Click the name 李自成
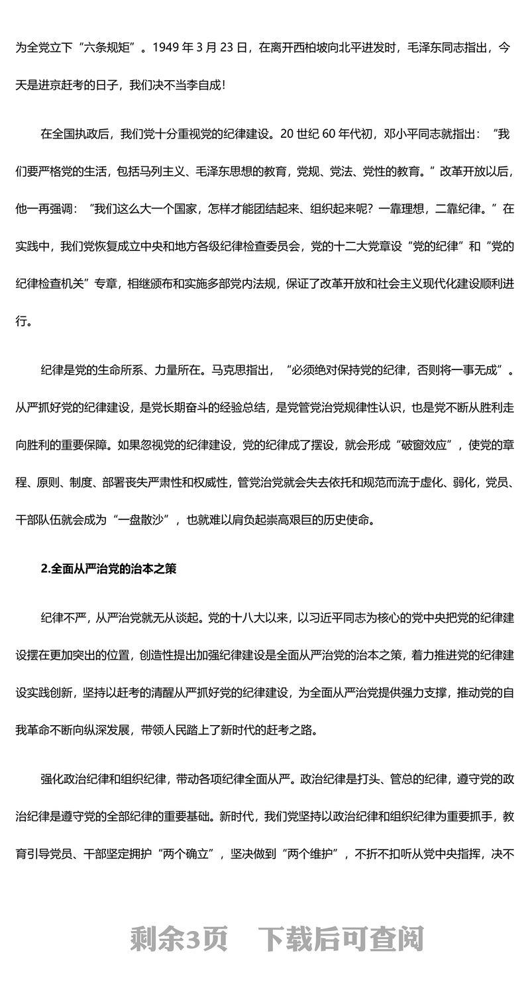pos(195,85)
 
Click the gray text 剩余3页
pos(179,938)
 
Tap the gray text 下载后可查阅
pos(341,938)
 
